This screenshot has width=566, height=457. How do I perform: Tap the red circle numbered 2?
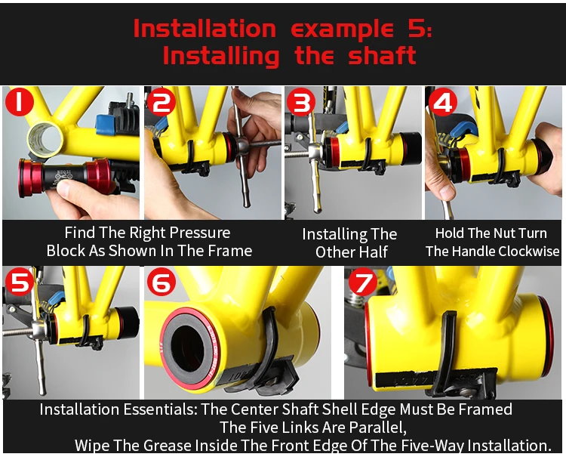161,102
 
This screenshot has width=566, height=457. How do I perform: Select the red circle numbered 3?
301,102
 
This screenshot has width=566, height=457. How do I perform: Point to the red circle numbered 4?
443,102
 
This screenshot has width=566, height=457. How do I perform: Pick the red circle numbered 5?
20,282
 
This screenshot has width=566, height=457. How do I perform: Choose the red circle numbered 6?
161,283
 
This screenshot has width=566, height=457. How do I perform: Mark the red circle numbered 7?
363,282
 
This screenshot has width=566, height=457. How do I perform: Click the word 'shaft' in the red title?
383,56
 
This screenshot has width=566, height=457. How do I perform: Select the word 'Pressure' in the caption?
200,233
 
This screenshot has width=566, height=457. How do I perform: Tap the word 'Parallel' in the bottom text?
377,428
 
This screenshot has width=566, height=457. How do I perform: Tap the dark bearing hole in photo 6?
187,347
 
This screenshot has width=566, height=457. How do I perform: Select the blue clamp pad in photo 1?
106,125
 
